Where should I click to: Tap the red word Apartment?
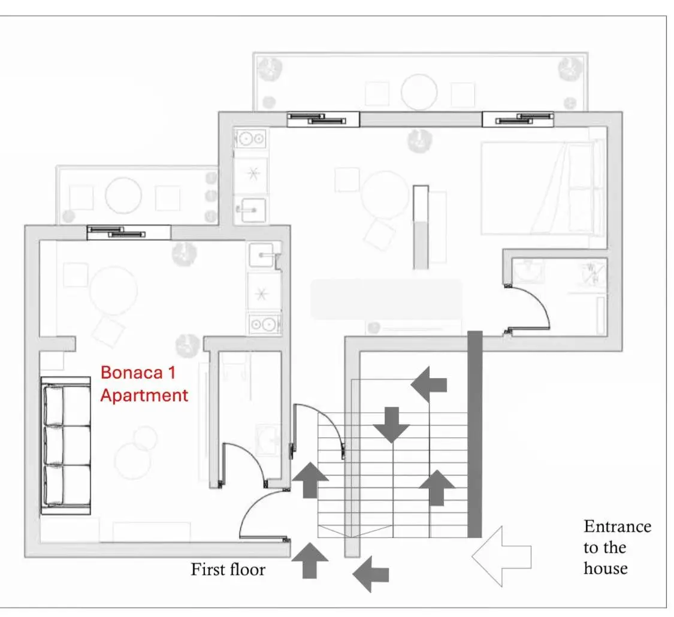pyautogui.click(x=144, y=395)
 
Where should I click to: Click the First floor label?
pyautogui.click(x=228, y=568)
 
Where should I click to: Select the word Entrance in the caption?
pyautogui.click(x=617, y=527)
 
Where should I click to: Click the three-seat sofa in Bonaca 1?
pyautogui.click(x=66, y=446)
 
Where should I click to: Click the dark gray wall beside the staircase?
pyautogui.click(x=474, y=434)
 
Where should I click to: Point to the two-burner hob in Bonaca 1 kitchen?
pyautogui.click(x=264, y=325)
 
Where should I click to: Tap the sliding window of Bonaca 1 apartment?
pyautogui.click(x=128, y=232)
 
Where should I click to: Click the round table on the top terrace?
pyautogui.click(x=419, y=92)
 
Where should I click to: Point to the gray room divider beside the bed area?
pyautogui.click(x=421, y=228)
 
